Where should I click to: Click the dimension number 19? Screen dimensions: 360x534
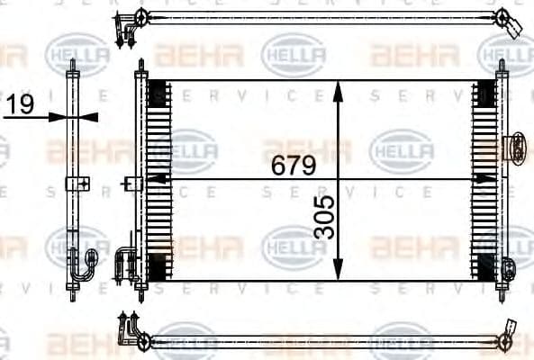[x=19, y=105]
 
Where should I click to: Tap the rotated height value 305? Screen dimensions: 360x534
[x=325, y=217]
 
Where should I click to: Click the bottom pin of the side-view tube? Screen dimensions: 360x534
[x=72, y=294]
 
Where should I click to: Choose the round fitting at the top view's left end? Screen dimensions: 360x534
[x=142, y=15]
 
